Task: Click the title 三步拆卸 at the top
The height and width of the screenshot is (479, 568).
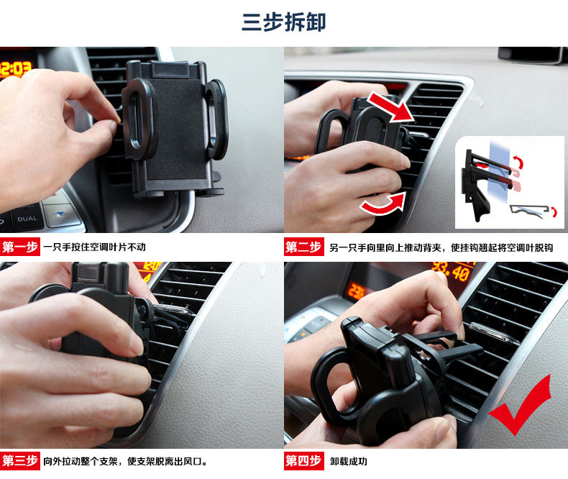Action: click(x=283, y=22)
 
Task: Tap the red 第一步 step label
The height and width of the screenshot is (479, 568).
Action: click(x=20, y=247)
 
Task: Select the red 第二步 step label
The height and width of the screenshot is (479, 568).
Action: click(x=303, y=247)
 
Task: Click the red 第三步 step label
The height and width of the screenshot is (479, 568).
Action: click(x=20, y=461)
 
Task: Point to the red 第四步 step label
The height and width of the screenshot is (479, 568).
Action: click(x=303, y=461)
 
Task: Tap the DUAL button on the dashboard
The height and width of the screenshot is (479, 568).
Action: click(x=27, y=219)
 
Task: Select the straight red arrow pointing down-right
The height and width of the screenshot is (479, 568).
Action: click(x=390, y=107)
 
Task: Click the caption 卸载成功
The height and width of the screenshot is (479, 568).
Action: click(x=348, y=461)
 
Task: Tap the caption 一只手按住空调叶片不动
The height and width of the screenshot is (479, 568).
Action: click(x=94, y=247)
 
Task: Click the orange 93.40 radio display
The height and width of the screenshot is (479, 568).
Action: click(x=451, y=272)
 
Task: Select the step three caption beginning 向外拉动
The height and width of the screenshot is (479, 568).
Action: click(x=125, y=461)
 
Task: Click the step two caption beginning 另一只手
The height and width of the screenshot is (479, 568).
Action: click(x=441, y=248)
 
